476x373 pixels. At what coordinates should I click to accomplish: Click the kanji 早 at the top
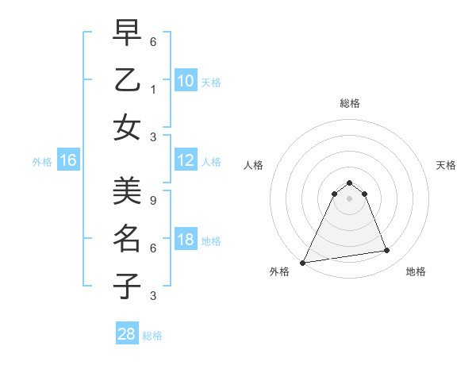pyautogui.click(x=127, y=34)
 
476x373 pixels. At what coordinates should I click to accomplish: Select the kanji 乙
pyautogui.click(x=127, y=80)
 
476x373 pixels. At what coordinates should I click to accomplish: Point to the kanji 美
pyautogui.click(x=127, y=191)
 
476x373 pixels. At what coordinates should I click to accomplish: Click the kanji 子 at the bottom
pyautogui.click(x=127, y=286)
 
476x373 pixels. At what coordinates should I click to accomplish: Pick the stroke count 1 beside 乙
pyautogui.click(x=153, y=90)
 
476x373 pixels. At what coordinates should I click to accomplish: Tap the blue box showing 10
pyautogui.click(x=185, y=81)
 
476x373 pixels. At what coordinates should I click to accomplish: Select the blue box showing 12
pyautogui.click(x=185, y=161)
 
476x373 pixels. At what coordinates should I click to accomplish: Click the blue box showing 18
pyautogui.click(x=185, y=240)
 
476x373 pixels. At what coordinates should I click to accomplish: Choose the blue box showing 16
pyautogui.click(x=68, y=161)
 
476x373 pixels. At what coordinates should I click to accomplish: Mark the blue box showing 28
pyautogui.click(x=127, y=334)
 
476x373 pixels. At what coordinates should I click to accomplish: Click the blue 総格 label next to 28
pyautogui.click(x=152, y=336)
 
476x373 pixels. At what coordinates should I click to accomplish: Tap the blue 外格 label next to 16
pyautogui.click(x=42, y=162)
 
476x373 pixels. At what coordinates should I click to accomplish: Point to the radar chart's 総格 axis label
pyautogui.click(x=349, y=103)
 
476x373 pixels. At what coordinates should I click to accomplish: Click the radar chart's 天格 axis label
pyautogui.click(x=447, y=165)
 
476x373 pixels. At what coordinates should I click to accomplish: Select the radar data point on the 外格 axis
pyautogui.click(x=303, y=263)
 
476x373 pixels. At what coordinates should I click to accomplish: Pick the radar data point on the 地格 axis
pyautogui.click(x=387, y=251)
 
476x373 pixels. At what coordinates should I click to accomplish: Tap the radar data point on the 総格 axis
pyautogui.click(x=349, y=183)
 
